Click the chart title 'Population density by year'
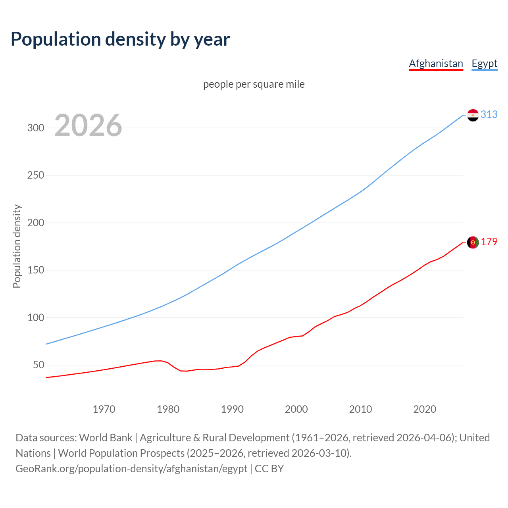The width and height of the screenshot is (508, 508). tap(120, 39)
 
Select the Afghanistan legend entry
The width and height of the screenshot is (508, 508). tap(436, 63)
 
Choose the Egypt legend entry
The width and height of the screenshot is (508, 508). tap(484, 63)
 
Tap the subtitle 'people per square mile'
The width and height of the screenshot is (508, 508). tap(254, 84)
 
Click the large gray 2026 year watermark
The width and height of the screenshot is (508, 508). tap(88, 125)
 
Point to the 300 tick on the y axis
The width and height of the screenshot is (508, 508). tap(35, 128)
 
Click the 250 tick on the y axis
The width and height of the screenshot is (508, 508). tap(35, 175)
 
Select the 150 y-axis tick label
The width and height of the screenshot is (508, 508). tap(35, 270)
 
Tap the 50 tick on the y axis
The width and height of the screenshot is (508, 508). tap(38, 365)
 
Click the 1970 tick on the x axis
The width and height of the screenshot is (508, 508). tap(104, 409)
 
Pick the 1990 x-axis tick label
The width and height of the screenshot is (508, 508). tap(232, 409)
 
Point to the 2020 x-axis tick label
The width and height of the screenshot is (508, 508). tap(425, 409)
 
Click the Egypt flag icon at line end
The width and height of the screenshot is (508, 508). tap(473, 115)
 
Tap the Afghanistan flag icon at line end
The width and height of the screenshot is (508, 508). tap(473, 242)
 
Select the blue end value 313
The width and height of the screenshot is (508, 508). tap(489, 114)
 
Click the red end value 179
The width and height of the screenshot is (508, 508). tap(489, 242)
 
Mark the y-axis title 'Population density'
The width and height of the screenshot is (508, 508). tap(17, 246)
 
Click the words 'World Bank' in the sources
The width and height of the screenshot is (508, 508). tap(106, 438)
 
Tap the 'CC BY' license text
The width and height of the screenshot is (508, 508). tap(269, 469)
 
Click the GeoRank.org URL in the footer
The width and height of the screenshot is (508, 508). tap(131, 469)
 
